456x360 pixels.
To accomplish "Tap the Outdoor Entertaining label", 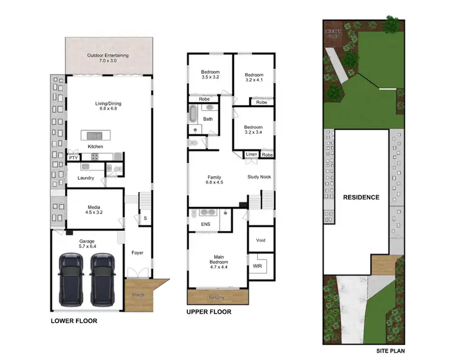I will click(x=107, y=55).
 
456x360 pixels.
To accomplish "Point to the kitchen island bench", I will click(x=95, y=135).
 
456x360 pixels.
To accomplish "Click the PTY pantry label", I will click(x=73, y=158).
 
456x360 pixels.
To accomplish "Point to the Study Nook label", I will click(x=259, y=177).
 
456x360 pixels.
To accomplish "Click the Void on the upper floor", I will click(x=261, y=240).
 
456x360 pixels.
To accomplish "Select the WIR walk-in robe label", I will click(x=257, y=266).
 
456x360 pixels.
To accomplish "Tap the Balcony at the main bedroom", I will click(x=217, y=297).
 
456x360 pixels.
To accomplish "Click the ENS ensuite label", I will click(x=205, y=224).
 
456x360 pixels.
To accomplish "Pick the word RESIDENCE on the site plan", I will click(x=361, y=197).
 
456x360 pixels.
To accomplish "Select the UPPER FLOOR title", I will click(x=209, y=313).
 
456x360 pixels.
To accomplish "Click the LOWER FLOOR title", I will click(x=74, y=320).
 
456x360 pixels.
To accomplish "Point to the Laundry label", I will click(x=85, y=178).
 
